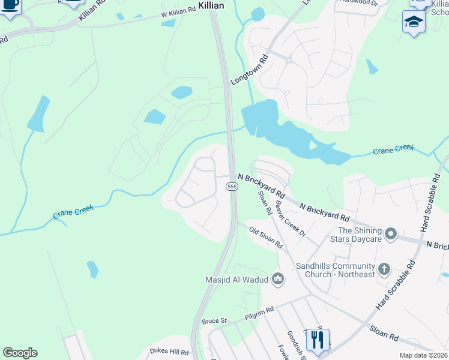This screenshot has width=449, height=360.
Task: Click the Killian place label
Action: tap(211, 5)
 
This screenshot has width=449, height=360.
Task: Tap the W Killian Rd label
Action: tap(178, 10)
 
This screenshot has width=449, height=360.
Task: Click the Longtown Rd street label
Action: tap(249, 71)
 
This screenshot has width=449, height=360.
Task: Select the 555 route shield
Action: tap(232, 187)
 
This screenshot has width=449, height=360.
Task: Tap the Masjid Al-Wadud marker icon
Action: tap(278, 278)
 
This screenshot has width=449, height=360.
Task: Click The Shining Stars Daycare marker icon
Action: tap(391, 233)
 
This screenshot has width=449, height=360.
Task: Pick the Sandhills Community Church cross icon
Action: tap(384, 268)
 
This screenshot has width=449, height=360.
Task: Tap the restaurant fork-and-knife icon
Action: tap(318, 340)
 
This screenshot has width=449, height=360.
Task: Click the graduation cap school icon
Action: tap(414, 22)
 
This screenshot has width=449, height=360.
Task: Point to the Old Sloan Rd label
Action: tap(266, 238)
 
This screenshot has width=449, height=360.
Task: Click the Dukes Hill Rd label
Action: tap(169, 352)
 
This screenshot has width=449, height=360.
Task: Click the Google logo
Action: tap(20, 353)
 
